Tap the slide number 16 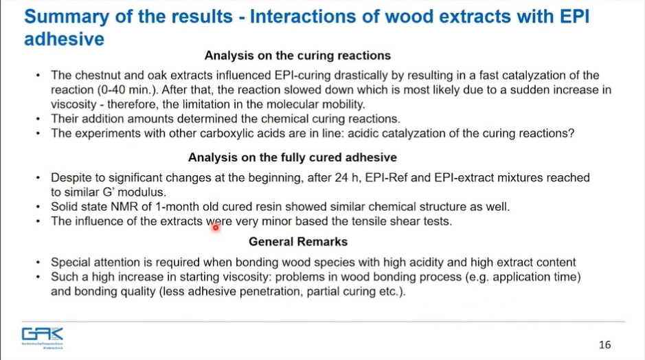click(604, 345)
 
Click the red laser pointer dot click(216, 227)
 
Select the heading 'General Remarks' click(298, 242)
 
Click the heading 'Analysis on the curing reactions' click(297, 56)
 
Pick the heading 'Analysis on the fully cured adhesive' click(293, 157)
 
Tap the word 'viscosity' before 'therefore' click(73, 104)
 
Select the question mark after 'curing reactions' click(571, 133)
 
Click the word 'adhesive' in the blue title click(64, 39)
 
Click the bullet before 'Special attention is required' click(38, 262)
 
